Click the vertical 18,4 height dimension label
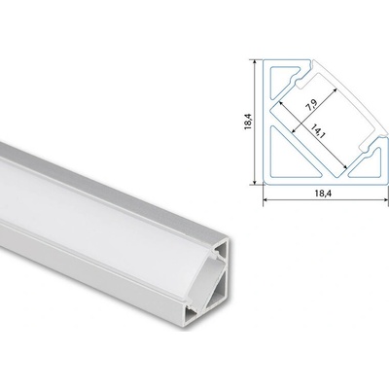point(249,122)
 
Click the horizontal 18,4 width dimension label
point(322,194)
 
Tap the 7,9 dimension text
point(311,105)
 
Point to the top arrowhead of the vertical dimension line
point(255,61)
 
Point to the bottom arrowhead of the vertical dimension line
point(255,183)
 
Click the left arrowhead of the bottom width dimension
point(265,200)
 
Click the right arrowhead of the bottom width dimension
point(385,200)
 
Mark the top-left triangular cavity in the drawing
point(281,78)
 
